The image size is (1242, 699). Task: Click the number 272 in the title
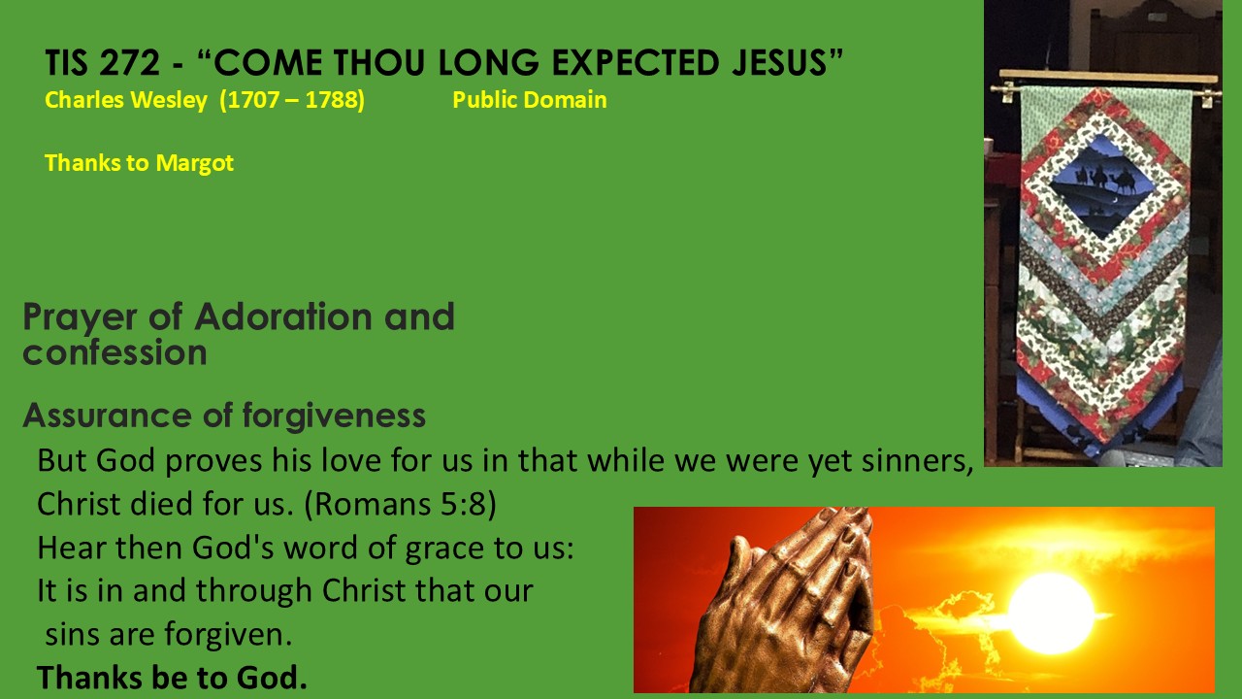click(x=130, y=62)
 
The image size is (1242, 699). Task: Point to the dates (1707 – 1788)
click(x=292, y=100)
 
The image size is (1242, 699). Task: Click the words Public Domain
click(x=530, y=100)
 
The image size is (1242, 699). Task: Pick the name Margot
click(x=195, y=163)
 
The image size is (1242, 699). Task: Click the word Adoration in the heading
click(x=283, y=316)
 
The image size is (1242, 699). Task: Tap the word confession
click(x=114, y=352)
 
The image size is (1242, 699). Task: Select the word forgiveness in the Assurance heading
click(x=334, y=416)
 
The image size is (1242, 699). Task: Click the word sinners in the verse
click(x=917, y=461)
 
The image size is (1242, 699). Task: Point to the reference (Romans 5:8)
click(x=400, y=504)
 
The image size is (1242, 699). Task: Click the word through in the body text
click(x=253, y=590)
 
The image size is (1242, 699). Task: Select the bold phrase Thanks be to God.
click(x=172, y=678)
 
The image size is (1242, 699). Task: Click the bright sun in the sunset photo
click(x=1050, y=613)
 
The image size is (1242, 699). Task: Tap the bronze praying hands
click(x=787, y=602)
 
